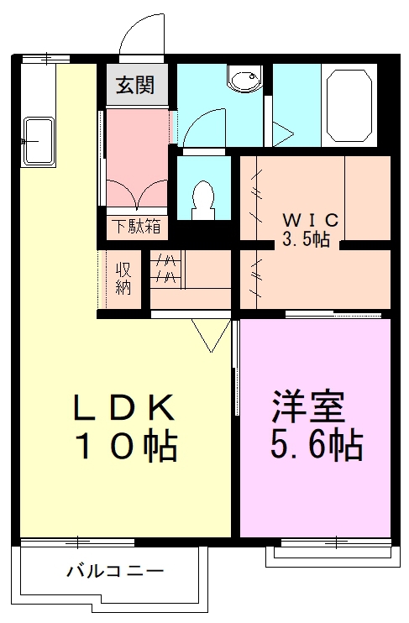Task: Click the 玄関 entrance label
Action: tap(135, 85)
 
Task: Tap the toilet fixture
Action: tap(203, 200)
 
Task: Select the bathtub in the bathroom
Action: tap(349, 106)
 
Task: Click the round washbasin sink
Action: tap(244, 79)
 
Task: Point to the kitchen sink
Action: tap(39, 141)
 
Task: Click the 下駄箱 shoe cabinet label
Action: tap(136, 227)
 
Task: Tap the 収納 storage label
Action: tap(123, 279)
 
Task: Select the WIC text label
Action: tap(311, 220)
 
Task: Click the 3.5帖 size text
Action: tap(305, 239)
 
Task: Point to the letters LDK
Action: tap(124, 407)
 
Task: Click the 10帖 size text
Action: tap(127, 447)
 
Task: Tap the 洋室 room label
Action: tap(308, 406)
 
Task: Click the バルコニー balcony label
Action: tap(115, 571)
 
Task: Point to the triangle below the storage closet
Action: tap(212, 335)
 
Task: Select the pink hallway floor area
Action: tap(136, 157)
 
